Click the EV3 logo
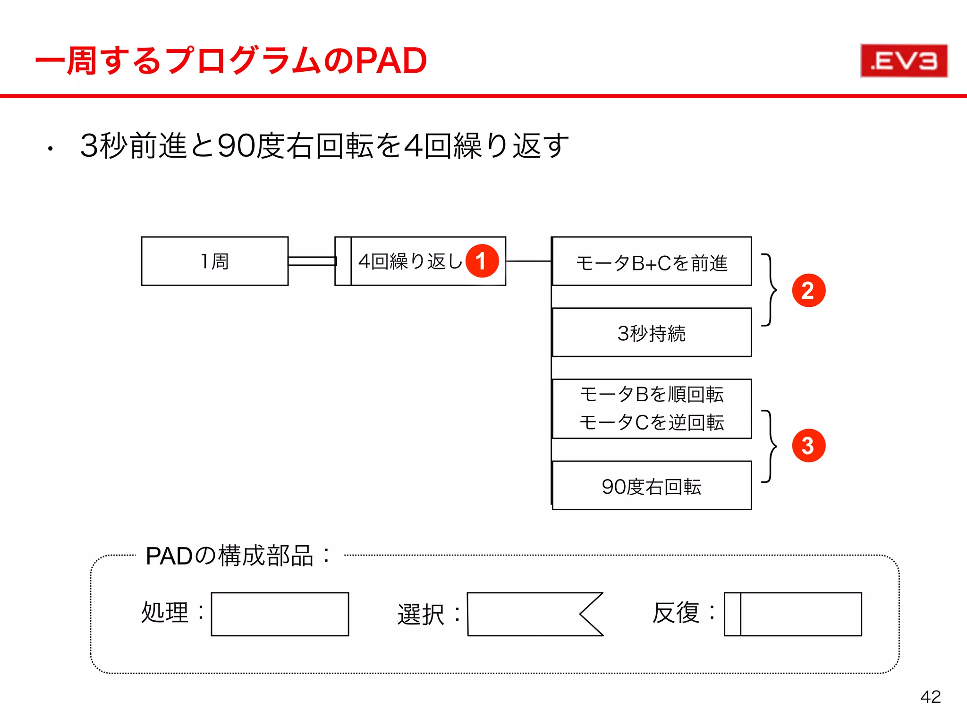pos(903,61)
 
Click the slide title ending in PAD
pos(231,61)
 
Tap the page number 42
pos(930,697)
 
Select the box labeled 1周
pos(214,261)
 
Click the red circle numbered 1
pos(482,261)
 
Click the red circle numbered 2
pos(808,290)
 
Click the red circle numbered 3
pos(808,446)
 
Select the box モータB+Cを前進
pos(652,262)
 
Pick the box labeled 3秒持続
pos(652,333)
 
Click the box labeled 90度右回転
pos(652,486)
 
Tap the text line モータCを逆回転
pos(652,422)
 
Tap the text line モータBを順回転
pos(652,394)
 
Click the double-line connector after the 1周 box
pos(312,261)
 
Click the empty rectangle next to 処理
pos(280,614)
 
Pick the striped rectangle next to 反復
pos(793,614)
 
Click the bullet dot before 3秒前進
pos(50,150)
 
